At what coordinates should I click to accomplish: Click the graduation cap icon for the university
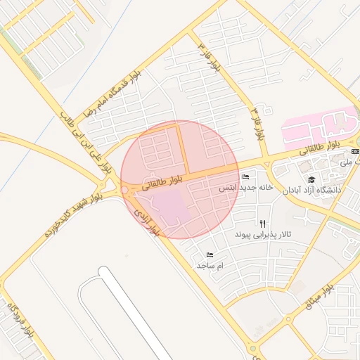point(311,179)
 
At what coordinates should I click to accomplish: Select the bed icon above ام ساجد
point(210,255)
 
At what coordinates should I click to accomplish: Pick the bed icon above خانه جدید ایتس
point(245,176)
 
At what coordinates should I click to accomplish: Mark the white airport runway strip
point(134,316)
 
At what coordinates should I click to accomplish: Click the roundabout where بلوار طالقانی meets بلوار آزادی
point(124,189)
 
